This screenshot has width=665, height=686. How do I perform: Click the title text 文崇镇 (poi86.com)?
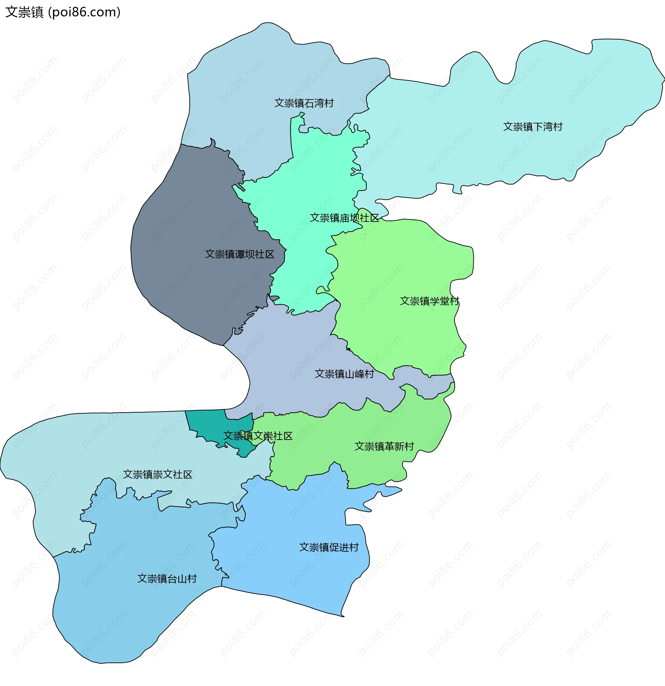(x=63, y=12)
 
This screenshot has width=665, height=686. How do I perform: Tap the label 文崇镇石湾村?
(x=304, y=103)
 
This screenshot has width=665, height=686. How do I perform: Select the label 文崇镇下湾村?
(x=532, y=127)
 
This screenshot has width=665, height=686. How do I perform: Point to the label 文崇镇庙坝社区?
(x=344, y=218)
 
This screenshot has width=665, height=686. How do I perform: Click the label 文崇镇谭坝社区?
(x=239, y=254)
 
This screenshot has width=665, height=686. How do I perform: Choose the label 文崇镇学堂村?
(x=429, y=301)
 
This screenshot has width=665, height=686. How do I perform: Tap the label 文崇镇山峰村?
(x=344, y=374)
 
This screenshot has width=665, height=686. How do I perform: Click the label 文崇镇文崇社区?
(x=258, y=436)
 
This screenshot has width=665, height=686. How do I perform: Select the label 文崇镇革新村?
(x=384, y=446)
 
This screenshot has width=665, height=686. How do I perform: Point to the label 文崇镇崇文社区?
(x=158, y=475)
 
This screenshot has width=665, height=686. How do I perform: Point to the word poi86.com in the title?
(x=84, y=12)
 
